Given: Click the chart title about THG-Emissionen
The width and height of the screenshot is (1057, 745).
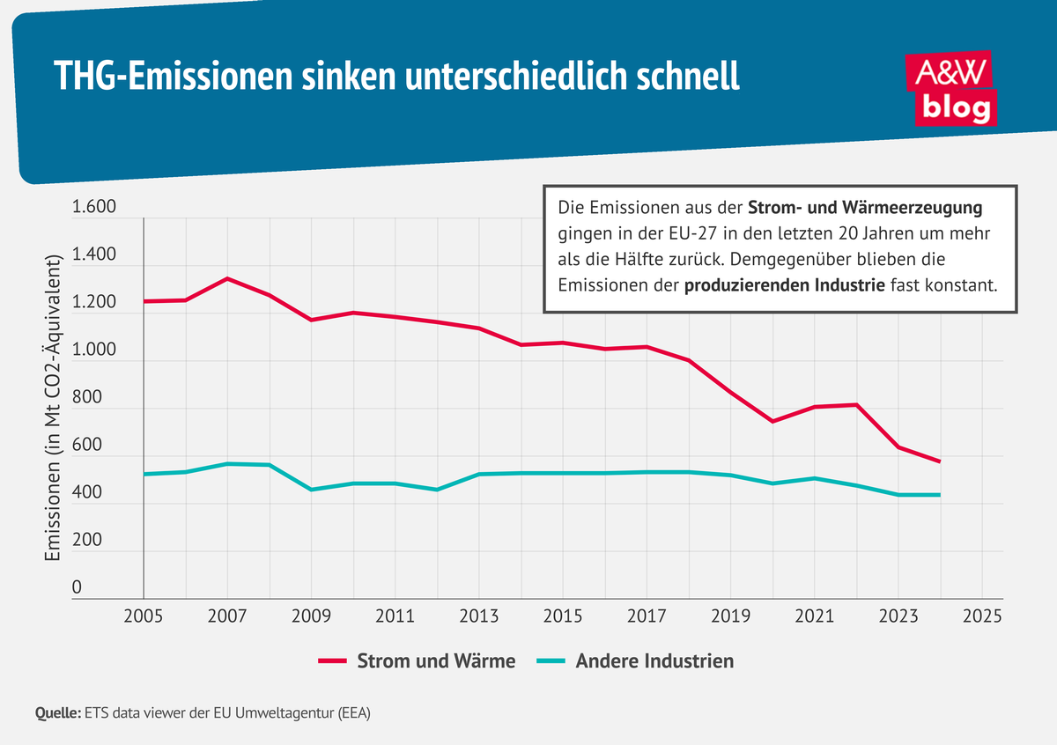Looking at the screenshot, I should (x=396, y=77).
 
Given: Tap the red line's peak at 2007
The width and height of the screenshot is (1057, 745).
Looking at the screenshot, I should (x=227, y=278).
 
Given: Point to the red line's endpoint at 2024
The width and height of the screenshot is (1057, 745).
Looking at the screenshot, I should (x=940, y=461).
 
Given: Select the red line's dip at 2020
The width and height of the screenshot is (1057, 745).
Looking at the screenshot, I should (x=772, y=422).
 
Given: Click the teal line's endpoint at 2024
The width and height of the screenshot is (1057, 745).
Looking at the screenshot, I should (x=940, y=495).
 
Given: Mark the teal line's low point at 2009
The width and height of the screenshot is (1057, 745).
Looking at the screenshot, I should (x=311, y=490).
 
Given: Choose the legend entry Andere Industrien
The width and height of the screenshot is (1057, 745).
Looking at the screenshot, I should (x=635, y=660).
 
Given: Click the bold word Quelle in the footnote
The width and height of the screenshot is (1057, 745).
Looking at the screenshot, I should (x=56, y=713).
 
